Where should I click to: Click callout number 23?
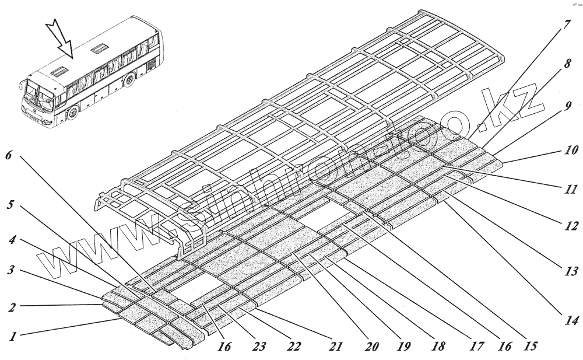click(260, 347)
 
